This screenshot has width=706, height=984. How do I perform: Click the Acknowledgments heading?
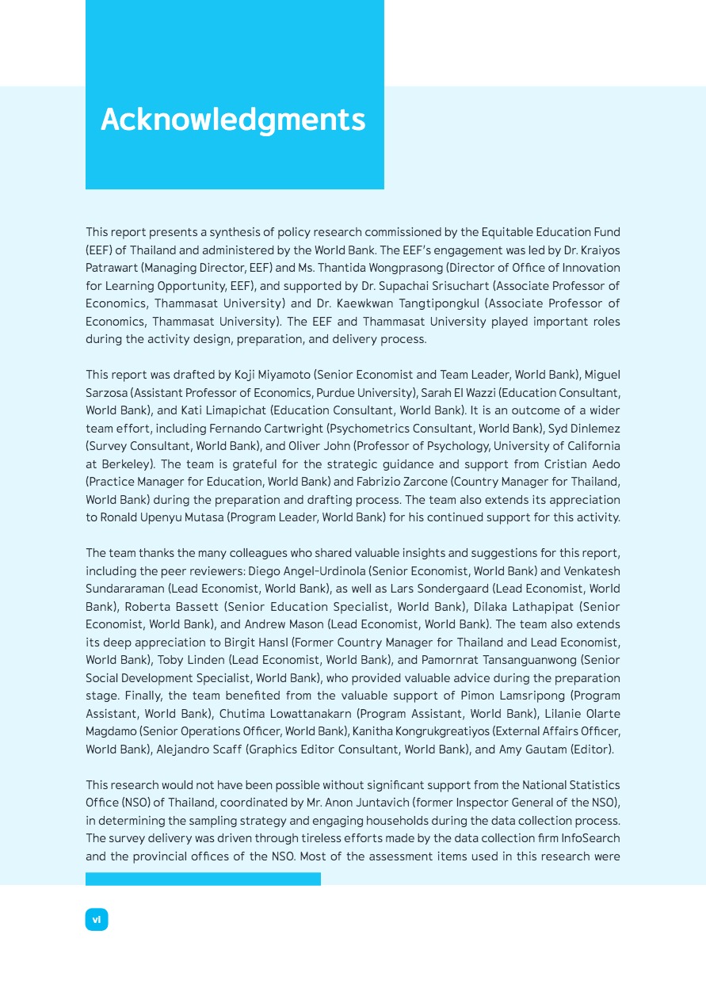233,120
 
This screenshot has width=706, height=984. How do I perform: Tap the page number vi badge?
97,919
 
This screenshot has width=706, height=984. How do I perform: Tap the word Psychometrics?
355,428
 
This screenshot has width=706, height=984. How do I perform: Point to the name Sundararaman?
124,589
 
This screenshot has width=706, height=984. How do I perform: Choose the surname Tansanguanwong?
519,660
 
